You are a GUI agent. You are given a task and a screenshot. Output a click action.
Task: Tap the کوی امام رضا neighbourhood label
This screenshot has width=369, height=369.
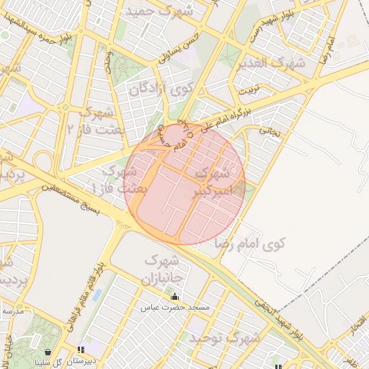251,244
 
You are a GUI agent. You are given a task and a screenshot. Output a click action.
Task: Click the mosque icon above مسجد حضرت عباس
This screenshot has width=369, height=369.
174,296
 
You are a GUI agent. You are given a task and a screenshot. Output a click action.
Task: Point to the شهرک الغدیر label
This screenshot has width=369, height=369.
275,63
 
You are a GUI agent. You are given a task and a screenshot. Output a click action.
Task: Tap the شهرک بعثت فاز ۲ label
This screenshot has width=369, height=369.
97,120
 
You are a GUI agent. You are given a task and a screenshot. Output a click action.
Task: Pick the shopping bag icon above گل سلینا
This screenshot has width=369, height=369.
48,352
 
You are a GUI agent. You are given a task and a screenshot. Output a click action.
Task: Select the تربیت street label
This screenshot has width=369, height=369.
247,91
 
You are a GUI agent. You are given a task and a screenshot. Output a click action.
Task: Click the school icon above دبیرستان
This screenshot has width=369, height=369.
79,350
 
